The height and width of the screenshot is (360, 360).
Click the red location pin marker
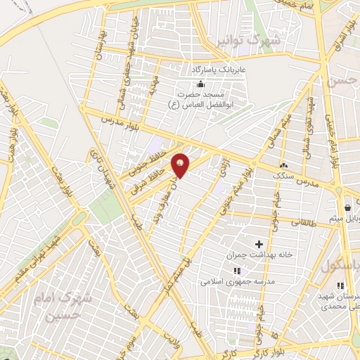180,165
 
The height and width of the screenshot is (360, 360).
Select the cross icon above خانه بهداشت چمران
259,243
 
